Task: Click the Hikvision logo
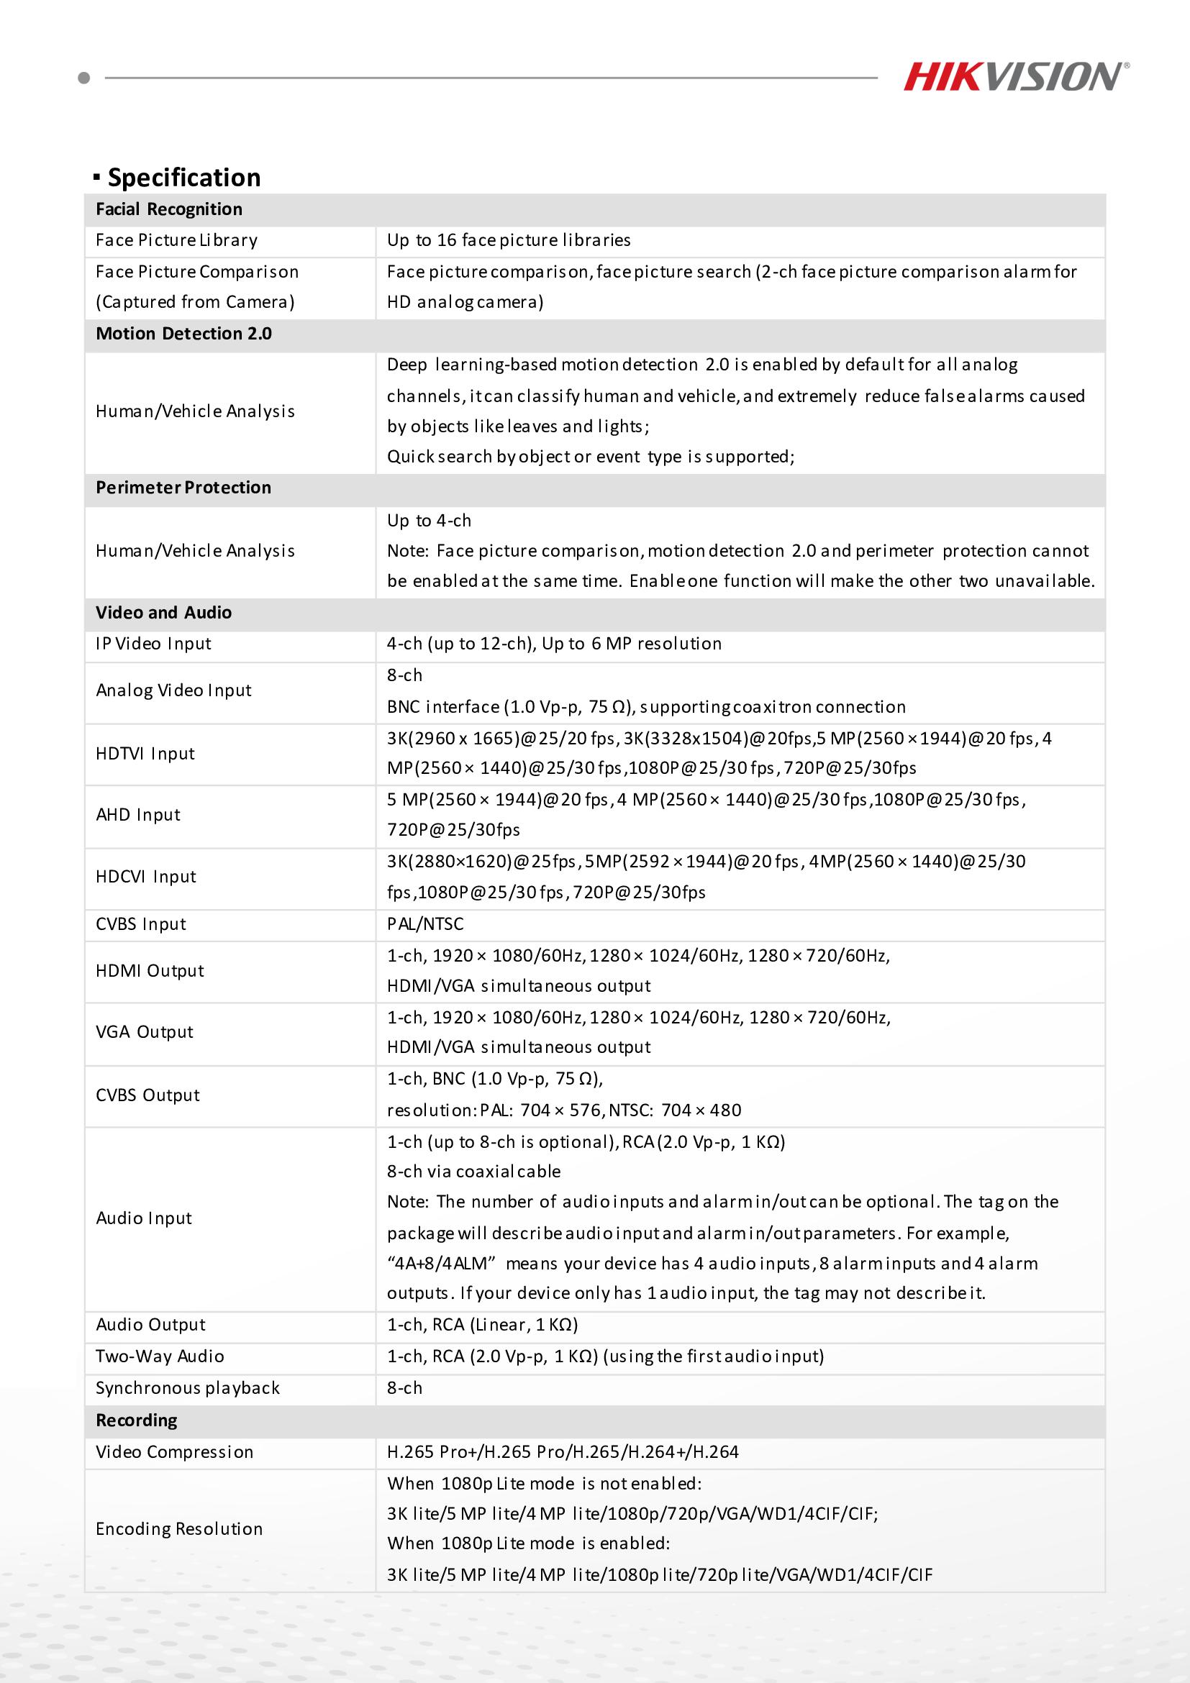point(1015,77)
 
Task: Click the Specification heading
point(183,178)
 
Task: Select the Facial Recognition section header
point(168,209)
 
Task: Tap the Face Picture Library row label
point(177,240)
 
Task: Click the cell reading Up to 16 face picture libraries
point(509,240)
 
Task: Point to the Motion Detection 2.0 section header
point(183,334)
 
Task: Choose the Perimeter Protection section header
point(183,488)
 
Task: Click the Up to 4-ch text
point(429,521)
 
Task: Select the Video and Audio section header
point(163,613)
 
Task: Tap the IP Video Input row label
point(153,644)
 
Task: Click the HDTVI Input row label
point(145,754)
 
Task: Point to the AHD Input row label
point(138,815)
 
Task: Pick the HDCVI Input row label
point(146,877)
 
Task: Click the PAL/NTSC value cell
point(425,924)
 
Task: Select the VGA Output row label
point(145,1032)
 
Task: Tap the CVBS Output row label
point(147,1095)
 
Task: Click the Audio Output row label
point(150,1325)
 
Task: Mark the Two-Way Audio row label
point(160,1356)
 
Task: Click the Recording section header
point(137,1420)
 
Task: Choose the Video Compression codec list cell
point(563,1452)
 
